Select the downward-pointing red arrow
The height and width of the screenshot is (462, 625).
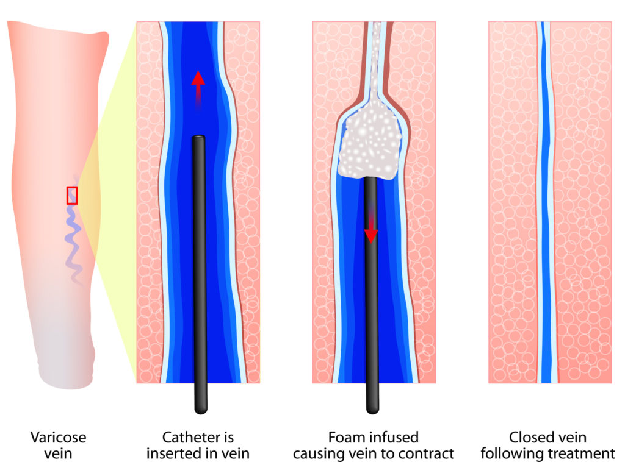(x=371, y=222)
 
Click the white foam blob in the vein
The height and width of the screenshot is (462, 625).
(x=369, y=144)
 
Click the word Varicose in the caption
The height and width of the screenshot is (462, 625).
(x=58, y=438)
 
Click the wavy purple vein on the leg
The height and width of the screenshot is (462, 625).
(x=74, y=235)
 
